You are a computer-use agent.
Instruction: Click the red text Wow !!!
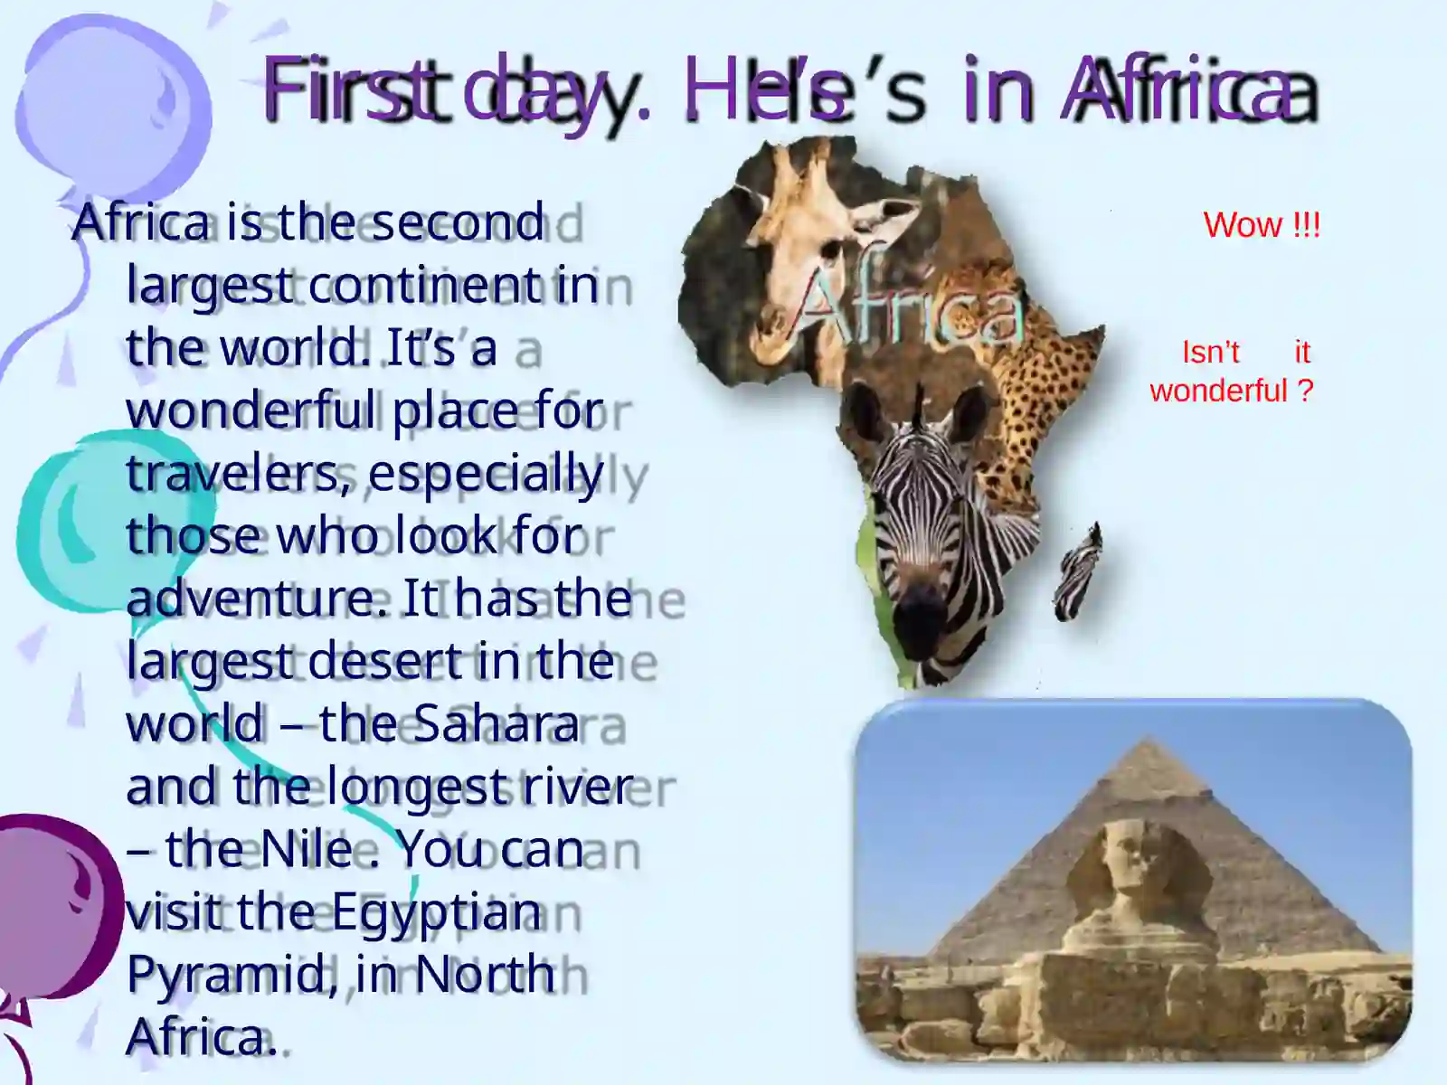click(x=1261, y=225)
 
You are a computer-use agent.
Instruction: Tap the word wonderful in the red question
click(x=1218, y=392)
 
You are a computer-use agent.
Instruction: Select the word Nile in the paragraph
click(x=306, y=849)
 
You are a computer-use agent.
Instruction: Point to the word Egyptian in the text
click(x=436, y=912)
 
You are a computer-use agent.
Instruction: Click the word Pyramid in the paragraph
click(x=226, y=975)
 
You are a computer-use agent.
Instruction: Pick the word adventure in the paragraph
click(x=257, y=599)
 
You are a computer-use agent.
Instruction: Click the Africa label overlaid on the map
click(x=909, y=307)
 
